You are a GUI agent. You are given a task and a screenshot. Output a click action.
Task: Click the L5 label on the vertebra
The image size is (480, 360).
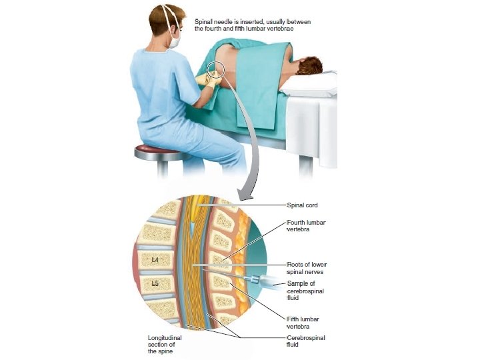[x=155, y=283]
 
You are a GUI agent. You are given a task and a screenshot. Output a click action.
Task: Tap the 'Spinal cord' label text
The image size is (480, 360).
[x=302, y=205]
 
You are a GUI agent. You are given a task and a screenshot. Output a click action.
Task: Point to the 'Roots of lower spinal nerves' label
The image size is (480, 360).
[x=306, y=268]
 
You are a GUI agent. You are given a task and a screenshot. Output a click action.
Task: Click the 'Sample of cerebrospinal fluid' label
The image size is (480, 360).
[x=306, y=291]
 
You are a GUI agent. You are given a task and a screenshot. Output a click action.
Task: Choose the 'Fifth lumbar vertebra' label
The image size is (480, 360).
[x=303, y=321]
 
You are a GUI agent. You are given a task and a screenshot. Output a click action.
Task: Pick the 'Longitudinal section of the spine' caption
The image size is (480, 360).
[x=165, y=344]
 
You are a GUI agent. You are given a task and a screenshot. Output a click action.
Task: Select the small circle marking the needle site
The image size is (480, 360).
[x=216, y=69]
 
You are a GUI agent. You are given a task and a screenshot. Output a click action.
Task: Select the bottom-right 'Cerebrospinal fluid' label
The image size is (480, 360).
[x=306, y=341]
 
